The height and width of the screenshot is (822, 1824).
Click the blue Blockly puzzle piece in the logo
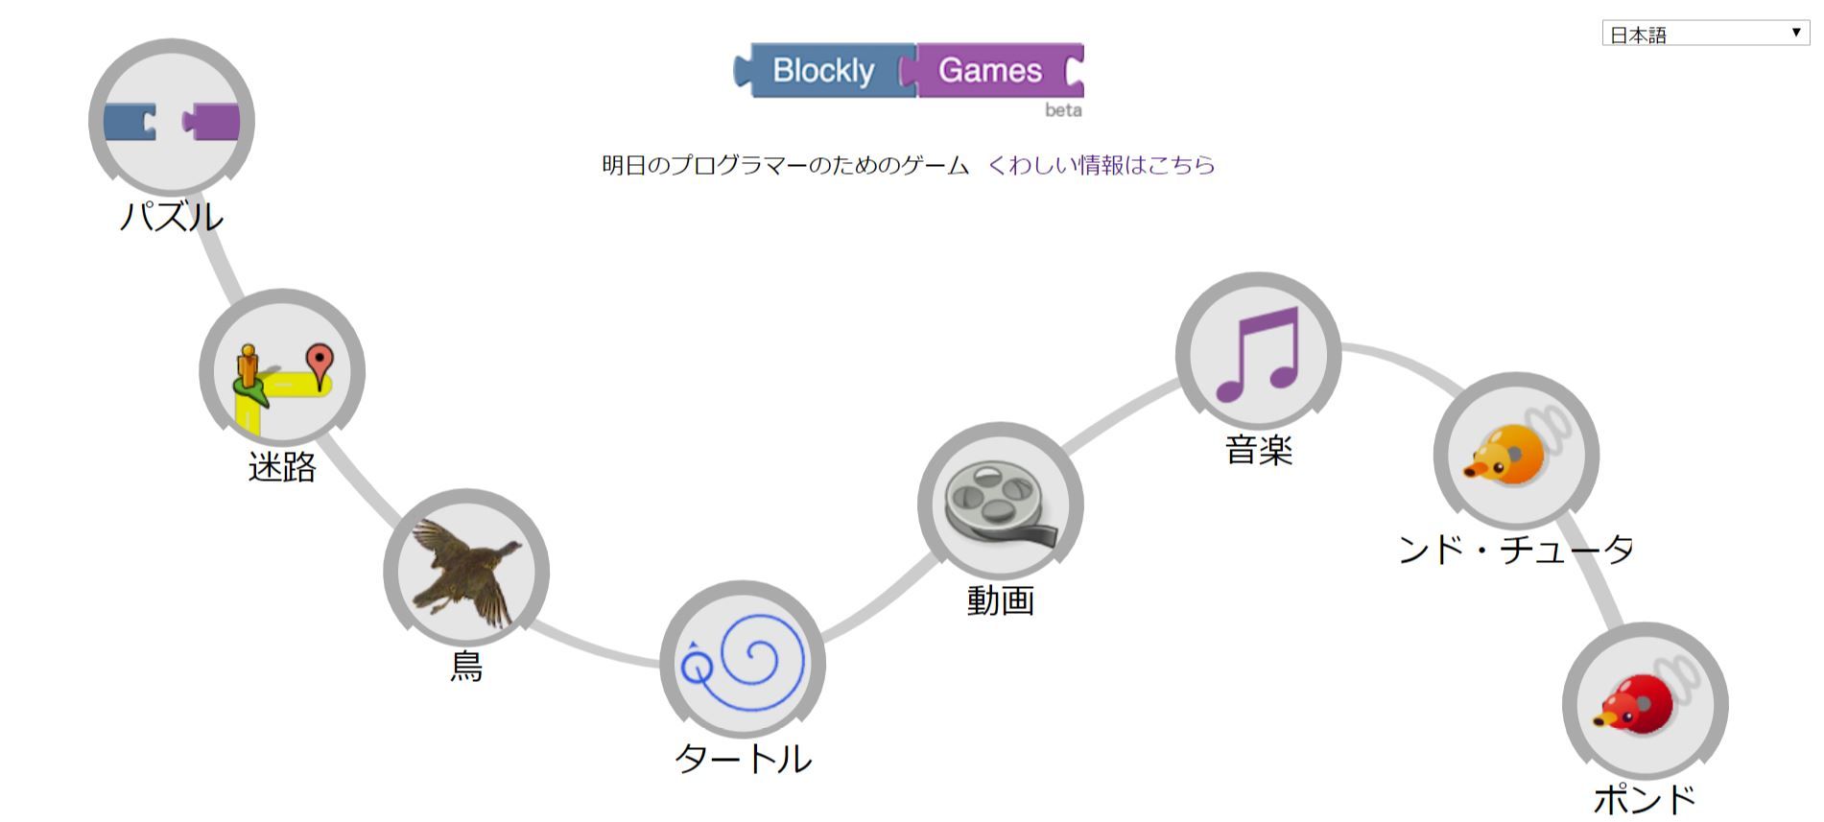tap(823, 70)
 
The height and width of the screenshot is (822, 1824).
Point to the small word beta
tap(1063, 110)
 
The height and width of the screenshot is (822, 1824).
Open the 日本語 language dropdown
tap(1704, 34)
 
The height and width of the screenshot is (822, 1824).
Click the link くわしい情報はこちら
tap(1102, 165)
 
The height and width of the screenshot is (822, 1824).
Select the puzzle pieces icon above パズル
tap(172, 121)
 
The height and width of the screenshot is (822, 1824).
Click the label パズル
tap(172, 216)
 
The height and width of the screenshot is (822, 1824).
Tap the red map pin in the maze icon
tap(320, 363)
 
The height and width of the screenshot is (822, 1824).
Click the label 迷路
tap(282, 467)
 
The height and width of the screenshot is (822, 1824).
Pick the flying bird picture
tap(466, 572)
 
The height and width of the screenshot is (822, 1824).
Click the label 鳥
tap(466, 666)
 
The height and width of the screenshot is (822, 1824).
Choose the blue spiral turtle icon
tap(743, 662)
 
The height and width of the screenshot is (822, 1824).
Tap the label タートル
tap(743, 759)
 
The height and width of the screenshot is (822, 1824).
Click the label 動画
tap(1000, 600)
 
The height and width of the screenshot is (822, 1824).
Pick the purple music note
tap(1258, 354)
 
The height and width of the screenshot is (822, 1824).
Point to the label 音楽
tap(1258, 450)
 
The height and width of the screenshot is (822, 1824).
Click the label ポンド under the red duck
tap(1645, 798)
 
